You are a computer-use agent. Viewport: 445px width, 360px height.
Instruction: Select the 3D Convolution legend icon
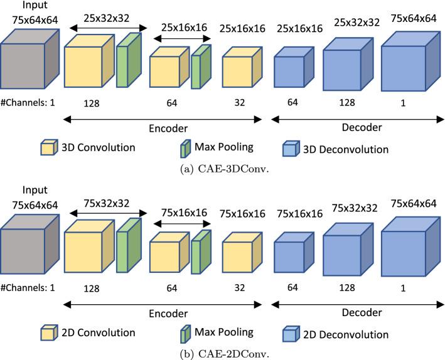pyautogui.click(x=48, y=149)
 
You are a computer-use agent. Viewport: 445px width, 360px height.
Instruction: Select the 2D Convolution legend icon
pyautogui.click(x=48, y=332)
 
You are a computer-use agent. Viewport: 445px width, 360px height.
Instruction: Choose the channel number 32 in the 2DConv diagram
pyautogui.click(x=239, y=286)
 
